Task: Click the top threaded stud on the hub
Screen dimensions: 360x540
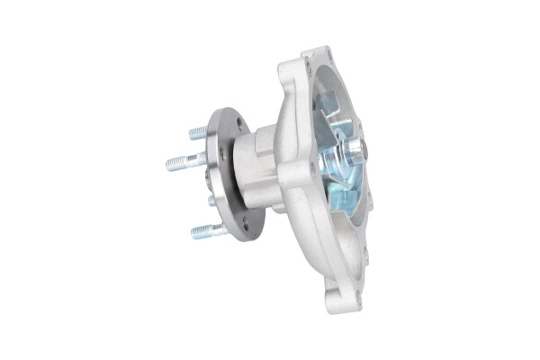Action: (199, 132)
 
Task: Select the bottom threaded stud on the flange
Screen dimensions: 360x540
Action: (205, 231)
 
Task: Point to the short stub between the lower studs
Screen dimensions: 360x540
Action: (212, 201)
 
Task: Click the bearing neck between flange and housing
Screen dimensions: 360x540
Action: (256, 171)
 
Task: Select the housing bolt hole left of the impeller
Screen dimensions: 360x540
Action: (311, 167)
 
